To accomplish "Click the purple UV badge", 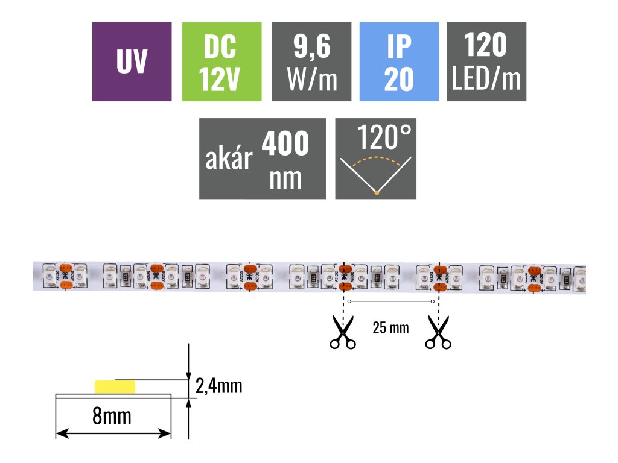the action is point(132,61).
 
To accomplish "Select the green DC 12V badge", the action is point(221,61).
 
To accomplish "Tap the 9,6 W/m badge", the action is point(311,61).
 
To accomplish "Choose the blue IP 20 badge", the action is point(398,61).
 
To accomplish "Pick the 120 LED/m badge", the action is point(486,61).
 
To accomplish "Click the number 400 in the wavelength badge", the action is point(285,144).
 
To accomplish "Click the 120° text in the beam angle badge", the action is point(387,138).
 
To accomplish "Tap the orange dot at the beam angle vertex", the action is point(376,192).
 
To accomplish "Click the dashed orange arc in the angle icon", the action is point(376,159).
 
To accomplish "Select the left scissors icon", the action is point(342,336).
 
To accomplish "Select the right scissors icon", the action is point(438,336).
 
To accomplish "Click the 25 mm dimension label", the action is point(390,328).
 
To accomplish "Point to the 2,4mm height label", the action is point(218,386).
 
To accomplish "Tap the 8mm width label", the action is point(112,415).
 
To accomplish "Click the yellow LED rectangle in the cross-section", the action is point(115,386).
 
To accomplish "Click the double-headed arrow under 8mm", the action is point(113,433).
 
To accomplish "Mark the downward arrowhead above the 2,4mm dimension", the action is point(189,374).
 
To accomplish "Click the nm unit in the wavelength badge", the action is point(285,178).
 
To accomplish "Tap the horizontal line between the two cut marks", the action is point(390,301).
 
